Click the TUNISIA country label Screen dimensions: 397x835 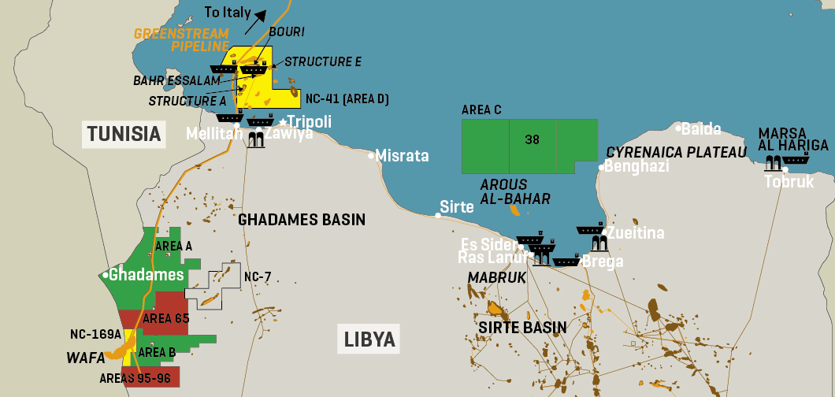tap(124, 134)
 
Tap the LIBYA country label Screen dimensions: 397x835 tap(369, 339)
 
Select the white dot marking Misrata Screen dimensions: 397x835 tap(372, 156)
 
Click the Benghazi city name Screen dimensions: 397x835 tap(637, 166)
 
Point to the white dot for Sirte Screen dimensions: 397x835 tap(439, 214)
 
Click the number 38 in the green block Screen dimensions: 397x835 tap(533, 140)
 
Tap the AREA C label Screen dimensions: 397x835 tap(481, 110)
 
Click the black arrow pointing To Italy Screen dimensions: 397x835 tap(254, 21)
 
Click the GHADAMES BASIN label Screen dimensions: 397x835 tap(302, 220)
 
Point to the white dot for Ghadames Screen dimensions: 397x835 tap(106, 275)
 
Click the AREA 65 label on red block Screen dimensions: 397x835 tap(166, 319)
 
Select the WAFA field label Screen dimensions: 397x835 tap(86, 358)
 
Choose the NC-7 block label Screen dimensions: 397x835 tap(258, 277)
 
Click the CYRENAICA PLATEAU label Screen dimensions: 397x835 tap(676, 152)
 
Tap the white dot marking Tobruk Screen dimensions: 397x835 tap(785, 169)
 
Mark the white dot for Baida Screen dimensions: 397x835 tap(677, 127)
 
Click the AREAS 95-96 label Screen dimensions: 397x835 tap(135, 378)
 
